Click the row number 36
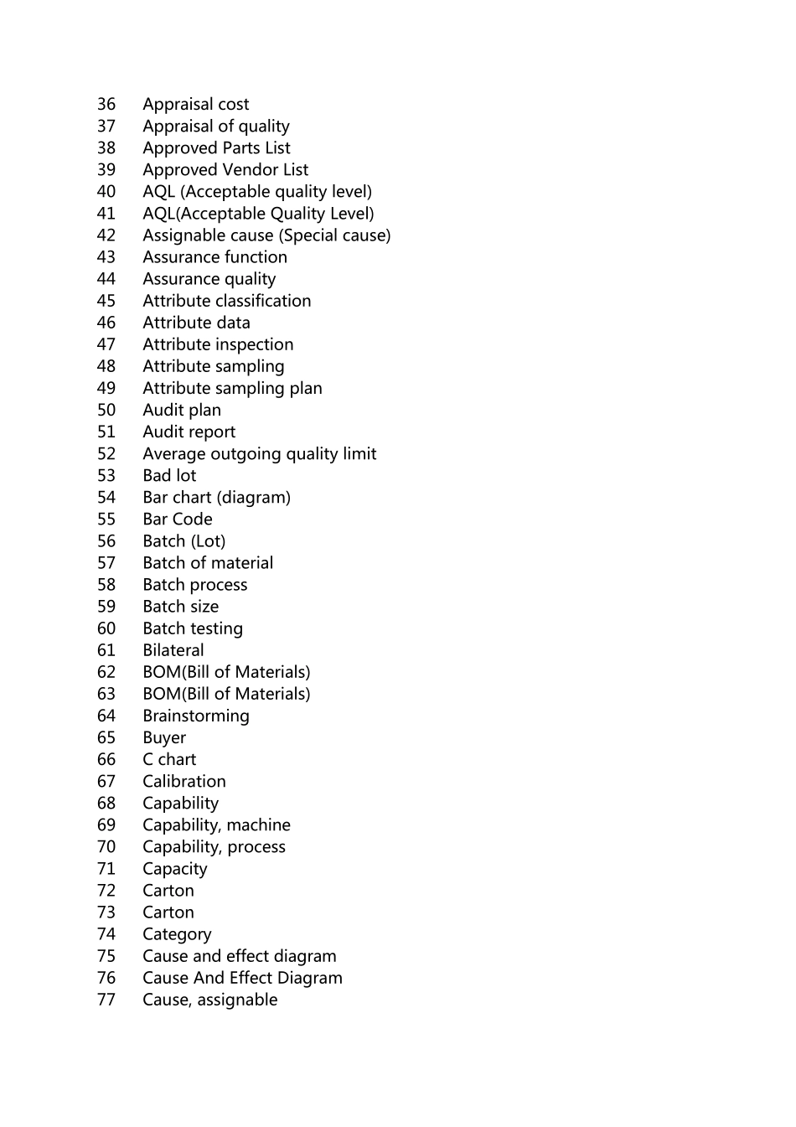pos(106,104)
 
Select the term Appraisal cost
pos(195,104)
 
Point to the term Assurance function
pos(215,257)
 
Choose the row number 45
pos(106,301)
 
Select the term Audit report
pos(189,432)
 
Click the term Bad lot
pos(169,475)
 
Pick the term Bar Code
pos(178,519)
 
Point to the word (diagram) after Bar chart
pos(253,497)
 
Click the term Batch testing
pos(193,628)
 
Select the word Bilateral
pos(173,650)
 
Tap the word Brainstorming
pos(196,716)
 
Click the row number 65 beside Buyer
pos(106,737)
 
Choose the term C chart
pos(169,759)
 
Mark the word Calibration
pos(184,781)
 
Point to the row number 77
pos(106,1000)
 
